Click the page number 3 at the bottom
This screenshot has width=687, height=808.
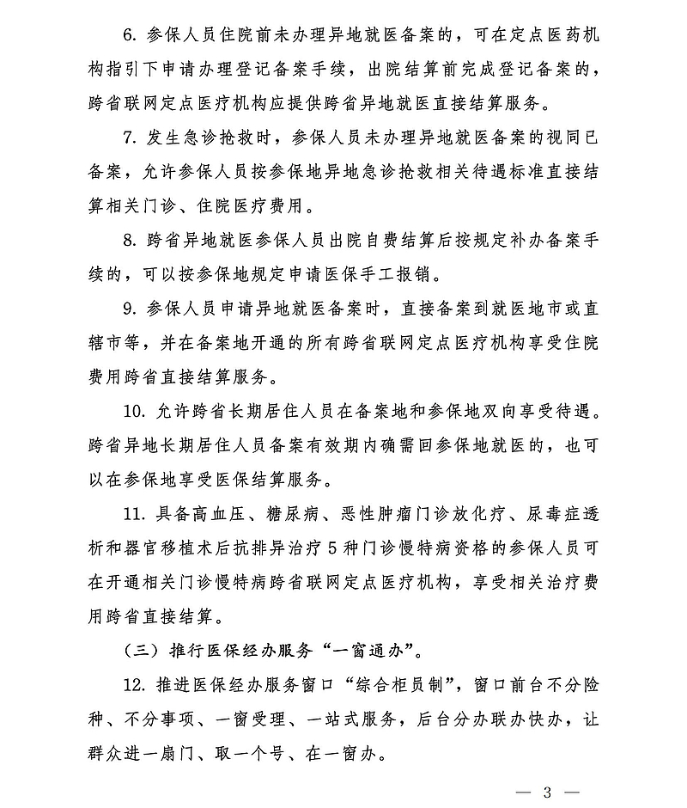tap(547, 792)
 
